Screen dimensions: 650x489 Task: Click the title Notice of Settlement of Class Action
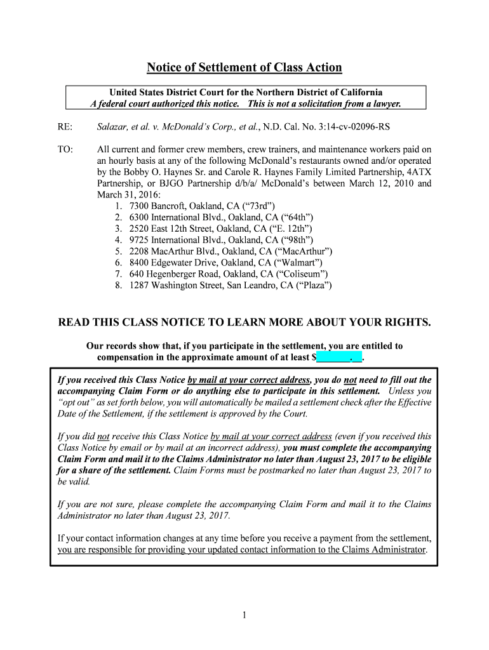coord(245,67)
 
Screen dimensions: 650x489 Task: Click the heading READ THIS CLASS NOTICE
coord(245,322)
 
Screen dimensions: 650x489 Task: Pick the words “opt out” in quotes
coord(76,402)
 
